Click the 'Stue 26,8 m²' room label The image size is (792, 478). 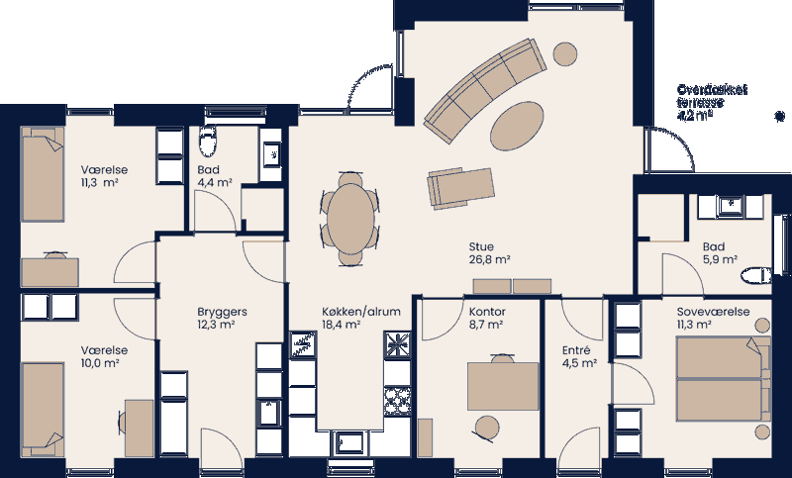pos(489,253)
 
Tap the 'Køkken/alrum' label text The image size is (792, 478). pos(361,311)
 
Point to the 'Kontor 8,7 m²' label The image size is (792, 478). pos(487,317)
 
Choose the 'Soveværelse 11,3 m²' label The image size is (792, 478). pos(706,318)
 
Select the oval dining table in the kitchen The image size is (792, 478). pos(351,217)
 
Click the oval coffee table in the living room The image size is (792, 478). pos(518,124)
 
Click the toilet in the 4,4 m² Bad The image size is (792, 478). pos(207,143)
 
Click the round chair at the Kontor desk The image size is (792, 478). pos(486,428)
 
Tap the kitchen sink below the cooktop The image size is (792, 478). pos(351,440)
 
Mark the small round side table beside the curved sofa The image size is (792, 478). pos(565,52)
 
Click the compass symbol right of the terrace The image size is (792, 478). pos(780,115)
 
